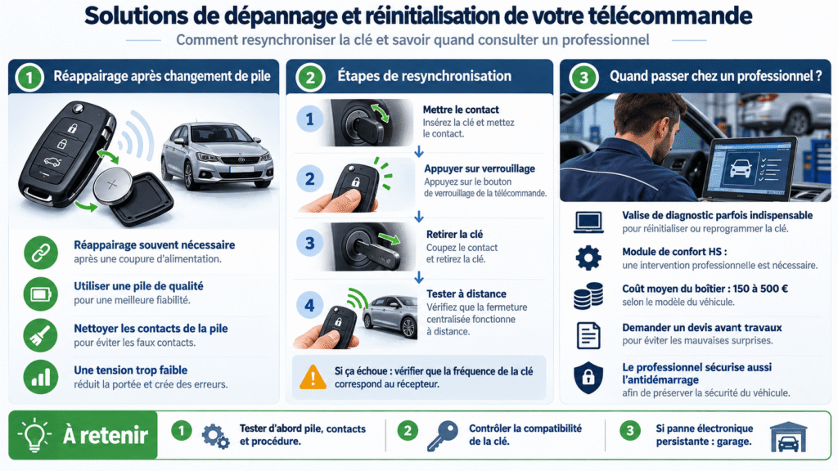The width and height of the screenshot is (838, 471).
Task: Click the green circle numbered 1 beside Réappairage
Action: point(29,77)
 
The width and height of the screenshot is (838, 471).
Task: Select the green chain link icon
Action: point(41,253)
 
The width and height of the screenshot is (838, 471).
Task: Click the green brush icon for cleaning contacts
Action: point(41,335)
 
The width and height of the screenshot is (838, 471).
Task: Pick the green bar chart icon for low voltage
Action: point(41,377)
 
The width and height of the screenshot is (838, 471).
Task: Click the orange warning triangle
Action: point(313,377)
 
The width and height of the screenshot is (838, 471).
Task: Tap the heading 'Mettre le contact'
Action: point(461,110)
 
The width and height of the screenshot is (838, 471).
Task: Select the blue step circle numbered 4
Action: point(309,305)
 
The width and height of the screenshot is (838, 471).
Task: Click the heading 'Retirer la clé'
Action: point(454,234)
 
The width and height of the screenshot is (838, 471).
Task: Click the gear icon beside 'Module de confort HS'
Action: point(588,258)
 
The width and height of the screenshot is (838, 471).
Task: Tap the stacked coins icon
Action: point(588,296)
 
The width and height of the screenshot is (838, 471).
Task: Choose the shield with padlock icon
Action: point(588,378)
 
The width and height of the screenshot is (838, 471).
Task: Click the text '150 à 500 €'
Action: point(760,289)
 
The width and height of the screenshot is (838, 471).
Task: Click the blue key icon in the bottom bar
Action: point(443,436)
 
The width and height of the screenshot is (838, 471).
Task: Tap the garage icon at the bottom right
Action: point(788,437)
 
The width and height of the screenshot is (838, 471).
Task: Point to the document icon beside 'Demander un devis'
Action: point(588,335)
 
